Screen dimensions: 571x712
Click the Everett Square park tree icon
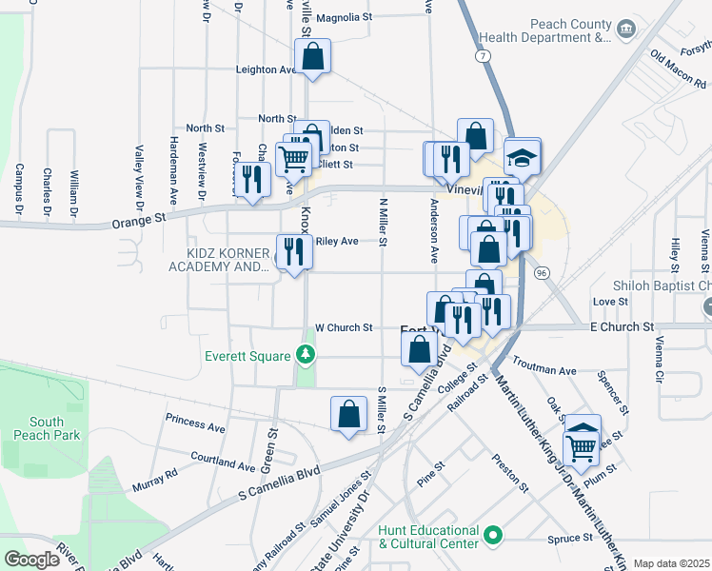(305, 356)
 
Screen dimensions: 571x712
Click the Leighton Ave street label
(267, 69)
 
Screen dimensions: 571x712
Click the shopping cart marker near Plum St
(582, 444)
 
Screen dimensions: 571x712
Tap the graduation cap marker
(522, 156)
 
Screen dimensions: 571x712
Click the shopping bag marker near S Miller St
(348, 414)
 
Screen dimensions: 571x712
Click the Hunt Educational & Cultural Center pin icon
(492, 537)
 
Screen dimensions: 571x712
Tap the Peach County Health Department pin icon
(625, 30)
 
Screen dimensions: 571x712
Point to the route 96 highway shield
(542, 273)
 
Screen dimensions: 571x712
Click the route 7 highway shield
(485, 56)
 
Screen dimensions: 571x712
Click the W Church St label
(344, 327)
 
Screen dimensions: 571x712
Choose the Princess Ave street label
(195, 423)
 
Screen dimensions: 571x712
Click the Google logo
(31, 560)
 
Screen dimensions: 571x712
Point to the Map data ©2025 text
(670, 563)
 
